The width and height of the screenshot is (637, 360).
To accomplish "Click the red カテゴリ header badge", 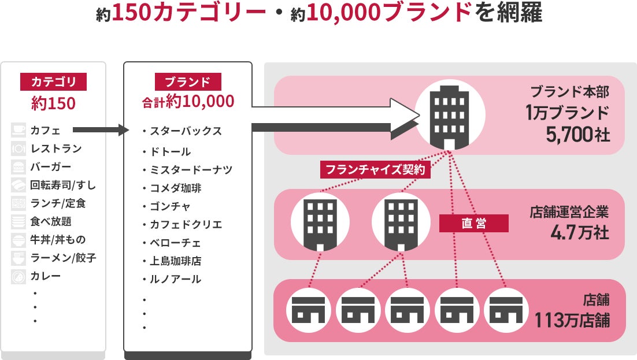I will point(53,81).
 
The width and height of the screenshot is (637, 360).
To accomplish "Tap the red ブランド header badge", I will point(188,81).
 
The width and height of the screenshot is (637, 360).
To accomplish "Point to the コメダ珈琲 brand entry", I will point(176,188).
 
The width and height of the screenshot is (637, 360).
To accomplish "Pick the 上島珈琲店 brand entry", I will point(176,261).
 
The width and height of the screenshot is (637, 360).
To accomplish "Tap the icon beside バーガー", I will point(18,167).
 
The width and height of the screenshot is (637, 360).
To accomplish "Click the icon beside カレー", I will point(18,276).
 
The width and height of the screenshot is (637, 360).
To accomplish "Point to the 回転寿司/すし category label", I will point(63,185).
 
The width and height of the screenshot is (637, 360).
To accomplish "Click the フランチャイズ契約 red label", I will point(375,170).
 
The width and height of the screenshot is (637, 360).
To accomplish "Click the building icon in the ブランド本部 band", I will point(449,115).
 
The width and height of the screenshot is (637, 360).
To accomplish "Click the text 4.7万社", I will point(580,232).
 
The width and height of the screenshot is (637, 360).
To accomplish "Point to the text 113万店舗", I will point(572,319).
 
